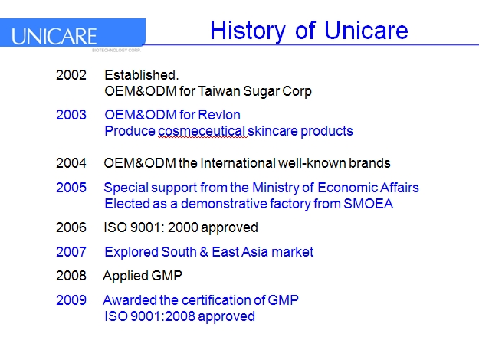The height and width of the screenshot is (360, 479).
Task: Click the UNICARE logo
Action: [x=55, y=36]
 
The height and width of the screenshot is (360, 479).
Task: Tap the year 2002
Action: [x=71, y=75]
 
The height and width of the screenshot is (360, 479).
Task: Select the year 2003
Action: [x=71, y=115]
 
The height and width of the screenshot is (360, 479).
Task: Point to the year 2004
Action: [x=71, y=163]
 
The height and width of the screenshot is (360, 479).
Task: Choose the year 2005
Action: [x=71, y=188]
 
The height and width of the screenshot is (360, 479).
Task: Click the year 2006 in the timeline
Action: [x=71, y=227]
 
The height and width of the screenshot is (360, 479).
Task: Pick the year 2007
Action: [x=71, y=252]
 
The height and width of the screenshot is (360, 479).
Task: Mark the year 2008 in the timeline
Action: [x=71, y=276]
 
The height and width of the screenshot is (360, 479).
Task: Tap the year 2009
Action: [x=71, y=300]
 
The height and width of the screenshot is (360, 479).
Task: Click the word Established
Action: [x=141, y=75]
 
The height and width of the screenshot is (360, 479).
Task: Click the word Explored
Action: [x=131, y=252]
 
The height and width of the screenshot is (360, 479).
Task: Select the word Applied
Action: [x=124, y=276]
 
